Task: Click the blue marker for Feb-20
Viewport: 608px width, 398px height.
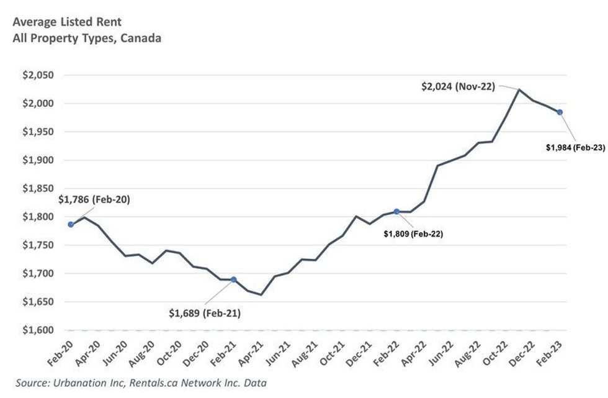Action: point(71,224)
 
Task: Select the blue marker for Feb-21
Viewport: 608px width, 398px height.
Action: point(234,279)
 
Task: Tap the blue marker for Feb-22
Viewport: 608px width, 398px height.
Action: point(396,212)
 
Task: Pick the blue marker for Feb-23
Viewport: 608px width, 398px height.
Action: point(560,112)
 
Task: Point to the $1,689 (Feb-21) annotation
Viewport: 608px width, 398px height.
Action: point(205,314)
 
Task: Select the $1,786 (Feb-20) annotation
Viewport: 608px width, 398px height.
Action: point(94,200)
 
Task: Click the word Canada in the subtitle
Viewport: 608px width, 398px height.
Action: point(141,38)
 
